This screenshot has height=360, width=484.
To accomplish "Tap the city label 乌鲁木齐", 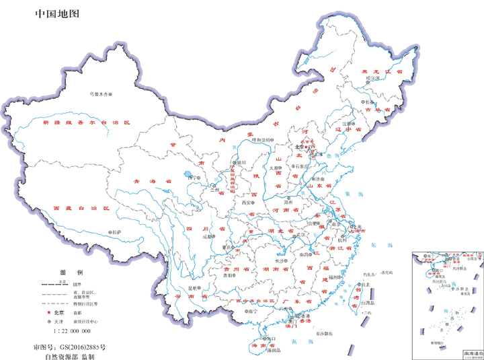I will coord(99,94).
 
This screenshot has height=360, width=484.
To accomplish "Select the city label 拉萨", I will coord(118,232).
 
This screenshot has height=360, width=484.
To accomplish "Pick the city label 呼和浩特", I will coord(264,139).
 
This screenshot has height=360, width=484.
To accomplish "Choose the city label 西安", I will coord(246,202).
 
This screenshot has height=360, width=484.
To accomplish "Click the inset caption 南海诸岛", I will coord(472,352).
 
